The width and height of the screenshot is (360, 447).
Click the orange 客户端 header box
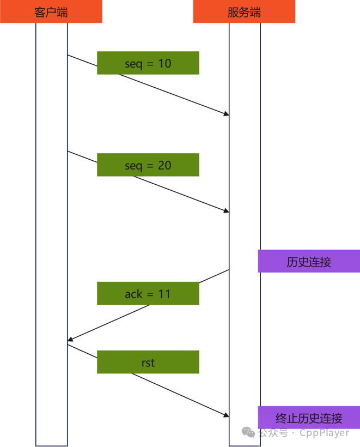coord(51,11)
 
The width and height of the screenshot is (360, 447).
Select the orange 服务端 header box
coord(244,11)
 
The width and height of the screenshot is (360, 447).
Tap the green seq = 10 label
coord(148,63)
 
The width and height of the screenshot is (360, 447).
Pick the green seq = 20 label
coord(148,165)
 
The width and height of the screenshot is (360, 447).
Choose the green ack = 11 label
coord(148,294)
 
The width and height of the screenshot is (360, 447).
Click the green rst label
coord(148,362)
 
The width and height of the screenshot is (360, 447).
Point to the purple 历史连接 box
coord(309,262)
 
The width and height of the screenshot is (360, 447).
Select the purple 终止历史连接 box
coord(309,418)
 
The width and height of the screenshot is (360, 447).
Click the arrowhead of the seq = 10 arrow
coord(226,114)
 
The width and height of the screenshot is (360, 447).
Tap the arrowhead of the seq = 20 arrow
coord(226,211)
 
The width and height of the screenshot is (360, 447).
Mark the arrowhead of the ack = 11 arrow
coord(70,341)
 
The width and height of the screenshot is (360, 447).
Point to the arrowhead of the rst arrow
coord(226,415)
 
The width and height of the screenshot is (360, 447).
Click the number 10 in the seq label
coord(164,63)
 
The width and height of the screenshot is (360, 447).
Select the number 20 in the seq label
coord(164,165)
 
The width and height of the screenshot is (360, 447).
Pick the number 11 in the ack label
coord(164,294)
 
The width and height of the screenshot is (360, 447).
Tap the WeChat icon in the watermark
coord(249,432)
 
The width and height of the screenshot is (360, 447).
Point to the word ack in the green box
coord(133,294)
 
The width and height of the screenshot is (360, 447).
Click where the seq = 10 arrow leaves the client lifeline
coord(68,55)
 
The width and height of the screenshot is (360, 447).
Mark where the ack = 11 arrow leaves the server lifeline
coord(229,270)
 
